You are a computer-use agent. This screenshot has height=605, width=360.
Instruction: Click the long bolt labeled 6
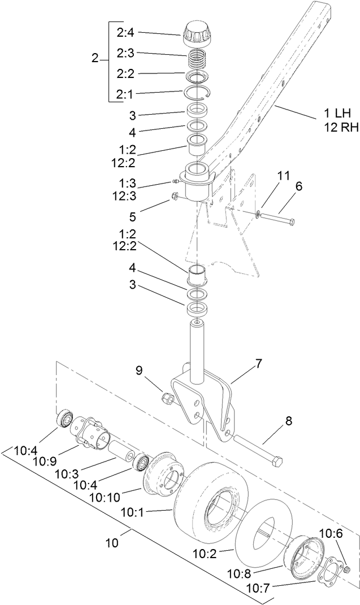(277, 217)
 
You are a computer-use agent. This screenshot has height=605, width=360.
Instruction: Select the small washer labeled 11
(258, 214)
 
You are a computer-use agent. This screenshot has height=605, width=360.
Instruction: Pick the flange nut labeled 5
(176, 197)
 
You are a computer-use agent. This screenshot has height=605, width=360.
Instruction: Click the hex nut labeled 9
(168, 399)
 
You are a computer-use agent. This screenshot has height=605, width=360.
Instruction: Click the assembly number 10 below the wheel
(114, 543)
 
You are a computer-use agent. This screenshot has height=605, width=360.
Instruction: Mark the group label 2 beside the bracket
(95, 58)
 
